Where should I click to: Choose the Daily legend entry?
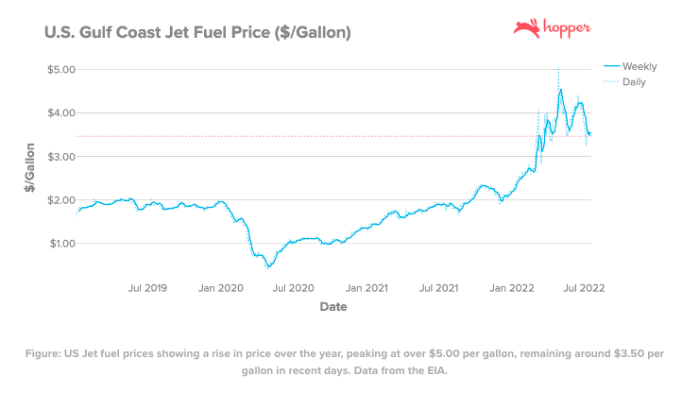click(x=634, y=83)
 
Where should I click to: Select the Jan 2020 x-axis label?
click(x=221, y=287)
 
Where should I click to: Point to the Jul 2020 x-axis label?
click(x=294, y=287)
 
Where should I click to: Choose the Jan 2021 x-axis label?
click(x=368, y=287)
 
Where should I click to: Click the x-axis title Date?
click(x=332, y=307)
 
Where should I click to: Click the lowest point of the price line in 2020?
click(x=269, y=266)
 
